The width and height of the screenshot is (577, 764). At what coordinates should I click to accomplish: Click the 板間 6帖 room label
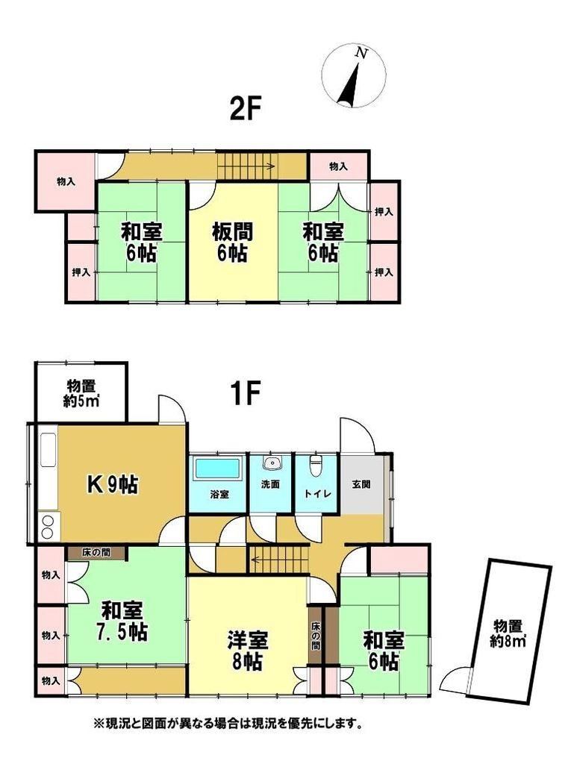point(232,242)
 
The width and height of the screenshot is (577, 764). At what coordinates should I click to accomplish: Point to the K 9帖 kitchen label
point(112,484)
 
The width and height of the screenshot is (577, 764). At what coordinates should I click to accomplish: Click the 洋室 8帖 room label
point(248,651)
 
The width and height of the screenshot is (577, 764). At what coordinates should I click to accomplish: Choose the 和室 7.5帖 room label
point(122,621)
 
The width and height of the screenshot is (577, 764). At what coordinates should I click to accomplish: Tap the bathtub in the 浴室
point(218,469)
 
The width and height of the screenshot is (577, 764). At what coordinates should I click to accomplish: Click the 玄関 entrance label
point(361,483)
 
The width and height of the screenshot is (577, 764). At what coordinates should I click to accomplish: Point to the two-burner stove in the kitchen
point(47,527)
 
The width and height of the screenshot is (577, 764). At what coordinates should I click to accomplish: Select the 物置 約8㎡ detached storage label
point(508,633)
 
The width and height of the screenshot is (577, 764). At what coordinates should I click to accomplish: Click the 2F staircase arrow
point(246,166)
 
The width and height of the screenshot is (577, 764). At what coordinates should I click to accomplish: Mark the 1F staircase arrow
point(280,559)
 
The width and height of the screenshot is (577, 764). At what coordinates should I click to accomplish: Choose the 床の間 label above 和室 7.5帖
point(96,553)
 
